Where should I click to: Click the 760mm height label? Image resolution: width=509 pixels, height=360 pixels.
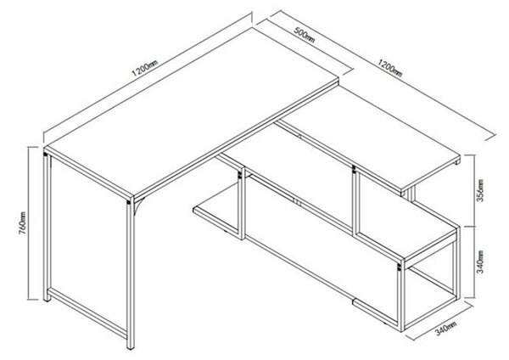point(23,223)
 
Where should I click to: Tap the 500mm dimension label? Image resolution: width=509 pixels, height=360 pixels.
point(305,35)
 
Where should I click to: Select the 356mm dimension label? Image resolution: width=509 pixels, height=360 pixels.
point(480,190)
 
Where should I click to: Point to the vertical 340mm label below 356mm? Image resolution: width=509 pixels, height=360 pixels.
point(480,262)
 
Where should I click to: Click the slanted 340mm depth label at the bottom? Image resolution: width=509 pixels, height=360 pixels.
point(445,328)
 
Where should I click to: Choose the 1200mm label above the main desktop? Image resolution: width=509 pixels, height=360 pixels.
point(145,68)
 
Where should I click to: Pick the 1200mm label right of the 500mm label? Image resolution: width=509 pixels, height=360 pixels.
point(389,68)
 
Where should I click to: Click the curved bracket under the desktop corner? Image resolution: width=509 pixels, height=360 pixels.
point(138,206)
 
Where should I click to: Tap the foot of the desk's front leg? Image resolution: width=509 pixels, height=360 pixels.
point(131,347)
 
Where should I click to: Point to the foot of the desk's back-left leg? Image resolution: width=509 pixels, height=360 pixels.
point(48,300)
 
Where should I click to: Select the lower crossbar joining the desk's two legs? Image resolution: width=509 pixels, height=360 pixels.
point(87,312)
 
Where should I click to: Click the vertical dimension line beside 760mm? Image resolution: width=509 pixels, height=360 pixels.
point(29,223)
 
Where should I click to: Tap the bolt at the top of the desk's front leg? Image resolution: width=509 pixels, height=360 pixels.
point(129,202)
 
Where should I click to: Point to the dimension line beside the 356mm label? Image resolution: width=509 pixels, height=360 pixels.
point(474,190)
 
